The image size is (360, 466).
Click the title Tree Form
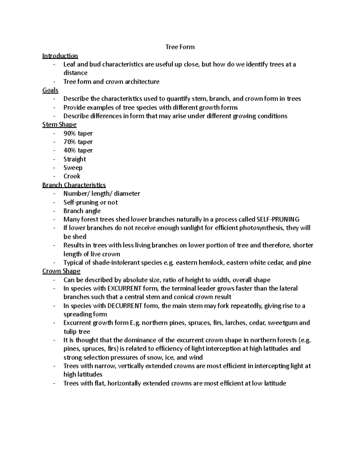[x=180, y=47]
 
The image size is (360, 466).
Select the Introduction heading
[x=60, y=56]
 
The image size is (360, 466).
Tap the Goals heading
[x=50, y=90]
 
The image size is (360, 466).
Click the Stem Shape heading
[x=59, y=125]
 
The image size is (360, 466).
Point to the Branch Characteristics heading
[x=74, y=185]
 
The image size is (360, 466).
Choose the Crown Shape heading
[x=61, y=271]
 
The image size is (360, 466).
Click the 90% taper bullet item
[x=78, y=133]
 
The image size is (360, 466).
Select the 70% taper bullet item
[x=78, y=142]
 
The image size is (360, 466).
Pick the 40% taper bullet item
[x=78, y=150]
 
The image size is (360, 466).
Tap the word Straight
[x=75, y=159]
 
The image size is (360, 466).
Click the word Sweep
[x=73, y=167]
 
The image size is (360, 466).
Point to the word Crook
[x=72, y=176]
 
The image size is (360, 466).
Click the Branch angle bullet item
[x=82, y=211]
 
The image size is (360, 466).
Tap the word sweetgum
[x=282, y=323]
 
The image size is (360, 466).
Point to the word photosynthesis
[x=261, y=228]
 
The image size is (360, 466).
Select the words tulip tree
[x=77, y=332]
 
